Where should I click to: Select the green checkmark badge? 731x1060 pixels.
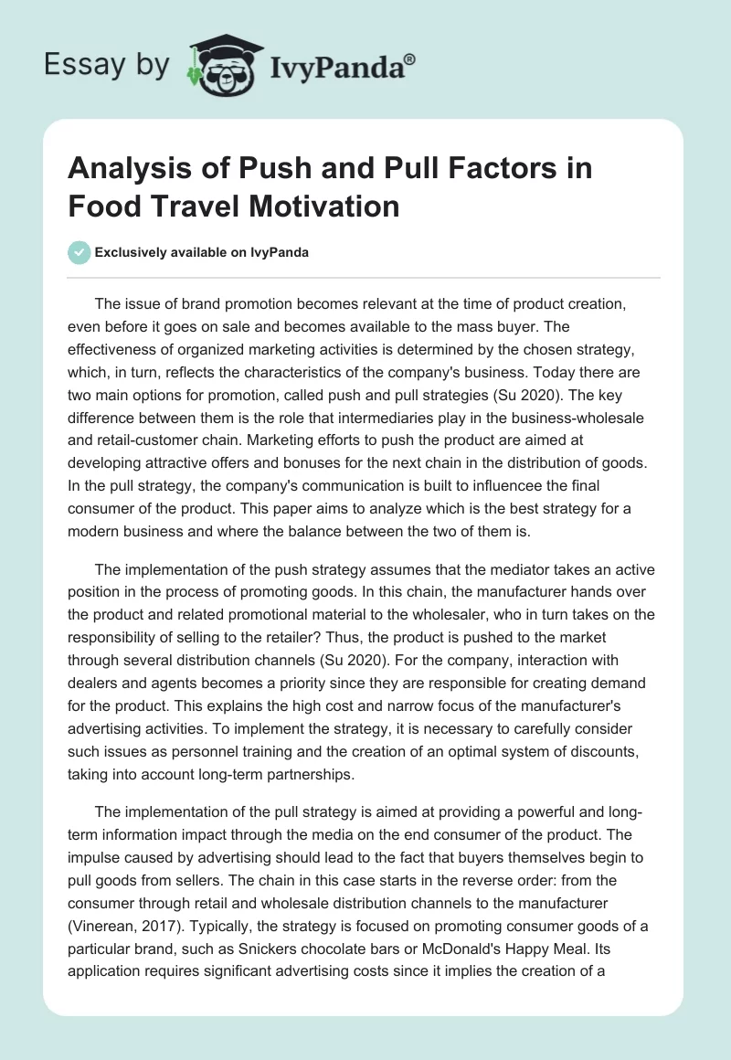tap(79, 253)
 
